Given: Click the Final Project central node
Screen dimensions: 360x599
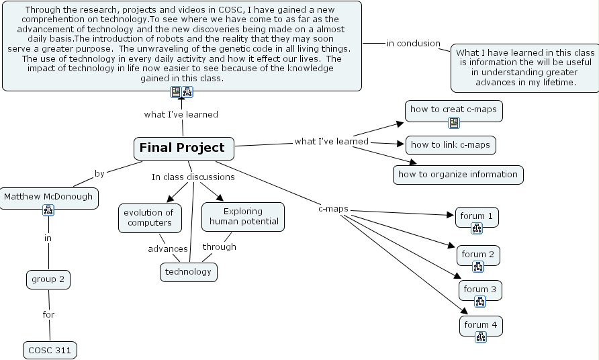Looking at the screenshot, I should pyautogui.click(x=183, y=148).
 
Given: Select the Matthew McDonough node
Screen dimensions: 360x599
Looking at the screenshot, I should pyautogui.click(x=48, y=197).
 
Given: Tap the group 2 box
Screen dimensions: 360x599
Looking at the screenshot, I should pyautogui.click(x=48, y=279).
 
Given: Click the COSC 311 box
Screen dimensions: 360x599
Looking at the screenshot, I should pyautogui.click(x=50, y=350).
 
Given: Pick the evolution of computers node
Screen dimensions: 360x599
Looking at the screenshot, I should pyautogui.click(x=150, y=218).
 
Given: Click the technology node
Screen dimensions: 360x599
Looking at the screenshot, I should pyautogui.click(x=188, y=272).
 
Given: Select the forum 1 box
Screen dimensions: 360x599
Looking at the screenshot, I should pyautogui.click(x=477, y=216).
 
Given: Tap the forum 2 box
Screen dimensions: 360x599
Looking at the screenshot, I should pyautogui.click(x=478, y=255).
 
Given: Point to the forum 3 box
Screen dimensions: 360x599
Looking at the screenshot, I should pyautogui.click(x=480, y=289).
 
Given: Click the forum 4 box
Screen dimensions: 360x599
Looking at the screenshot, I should pyautogui.click(x=481, y=325).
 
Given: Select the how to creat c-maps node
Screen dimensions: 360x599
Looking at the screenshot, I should pyautogui.click(x=454, y=108).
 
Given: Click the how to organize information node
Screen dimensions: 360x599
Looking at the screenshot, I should pyautogui.click(x=458, y=175).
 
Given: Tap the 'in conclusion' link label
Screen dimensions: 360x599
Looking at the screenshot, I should pyautogui.click(x=413, y=44).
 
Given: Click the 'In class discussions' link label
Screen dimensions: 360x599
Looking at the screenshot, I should pyautogui.click(x=193, y=177).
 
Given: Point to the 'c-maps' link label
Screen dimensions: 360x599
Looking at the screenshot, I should pyautogui.click(x=333, y=209).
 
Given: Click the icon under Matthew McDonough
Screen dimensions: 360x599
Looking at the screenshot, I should pyautogui.click(x=48, y=210).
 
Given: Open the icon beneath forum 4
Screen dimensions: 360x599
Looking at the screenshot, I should pyautogui.click(x=481, y=338).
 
